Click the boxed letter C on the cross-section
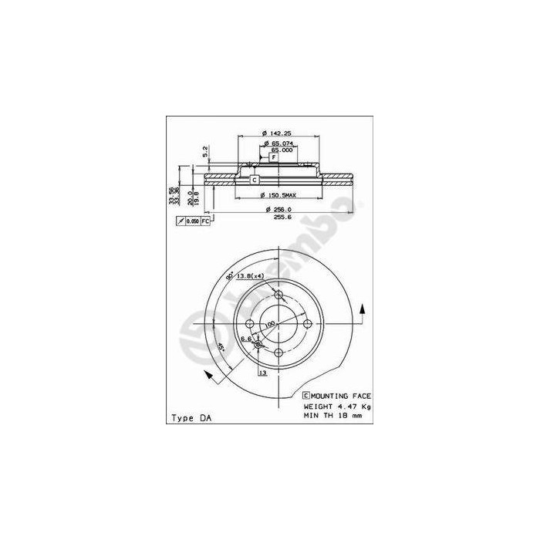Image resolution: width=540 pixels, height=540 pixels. point(253,180)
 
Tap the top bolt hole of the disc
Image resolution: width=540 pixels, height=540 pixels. point(278,295)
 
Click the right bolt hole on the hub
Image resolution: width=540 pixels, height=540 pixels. point(307,323)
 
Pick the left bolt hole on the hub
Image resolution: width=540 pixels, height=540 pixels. point(250,323)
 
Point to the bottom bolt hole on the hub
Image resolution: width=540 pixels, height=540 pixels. point(278,352)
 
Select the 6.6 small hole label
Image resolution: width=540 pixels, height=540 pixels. point(246,339)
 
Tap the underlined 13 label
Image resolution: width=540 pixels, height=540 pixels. point(263,373)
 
